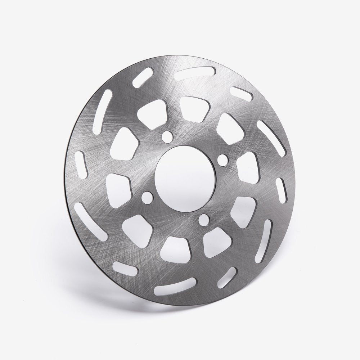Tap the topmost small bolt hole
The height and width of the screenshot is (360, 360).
[x=167, y=136]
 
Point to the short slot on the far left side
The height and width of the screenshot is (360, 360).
[x=81, y=161]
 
